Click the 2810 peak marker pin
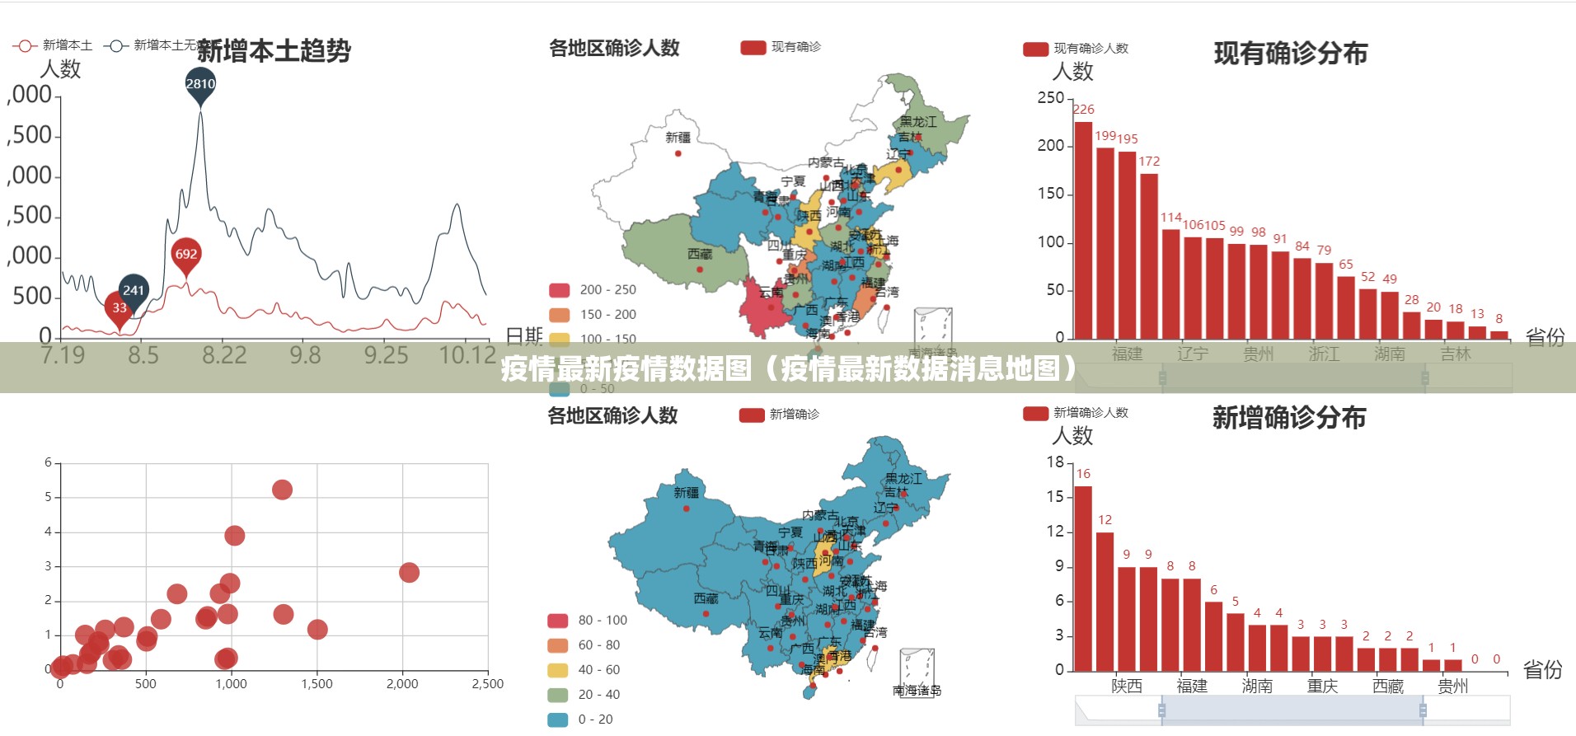tap(200, 85)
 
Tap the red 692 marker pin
tap(186, 255)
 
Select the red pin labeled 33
tap(120, 308)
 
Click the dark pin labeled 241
tap(134, 290)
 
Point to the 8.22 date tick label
tap(224, 355)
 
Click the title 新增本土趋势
tap(274, 51)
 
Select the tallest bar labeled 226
tap(1083, 231)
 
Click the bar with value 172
tap(1149, 256)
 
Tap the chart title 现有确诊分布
tap(1290, 54)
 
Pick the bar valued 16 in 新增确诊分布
tap(1083, 579)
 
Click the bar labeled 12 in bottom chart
tap(1105, 602)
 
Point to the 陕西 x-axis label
tap(1127, 686)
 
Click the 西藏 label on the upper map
tap(700, 255)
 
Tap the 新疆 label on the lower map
tap(686, 493)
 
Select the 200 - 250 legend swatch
tap(560, 290)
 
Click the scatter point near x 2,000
tap(409, 572)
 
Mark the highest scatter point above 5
tap(282, 490)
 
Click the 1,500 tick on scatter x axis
tap(317, 683)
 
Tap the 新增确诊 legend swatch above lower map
tap(752, 415)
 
